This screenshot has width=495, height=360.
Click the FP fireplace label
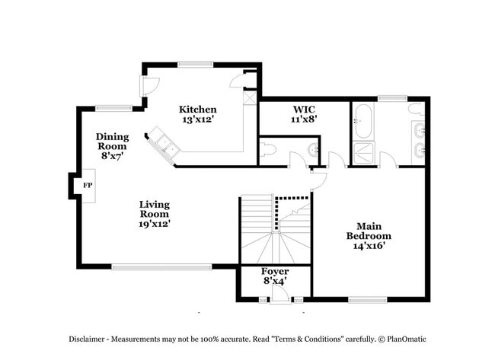pos(87,185)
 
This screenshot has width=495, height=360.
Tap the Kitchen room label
pos(197,110)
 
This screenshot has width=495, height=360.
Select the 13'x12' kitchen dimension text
pos(197,119)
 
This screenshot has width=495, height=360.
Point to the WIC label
pos(305,109)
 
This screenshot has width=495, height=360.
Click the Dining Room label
pos(112,142)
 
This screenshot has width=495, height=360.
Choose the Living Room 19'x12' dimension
pos(155,224)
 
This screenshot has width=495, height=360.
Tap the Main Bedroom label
pos(369,231)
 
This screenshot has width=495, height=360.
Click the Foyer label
pos(275,272)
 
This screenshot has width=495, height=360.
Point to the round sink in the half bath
pos(312,148)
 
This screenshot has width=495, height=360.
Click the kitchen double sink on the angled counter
pos(164,143)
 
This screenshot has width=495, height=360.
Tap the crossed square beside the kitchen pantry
pos(249,97)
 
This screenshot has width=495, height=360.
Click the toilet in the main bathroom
pos(417,112)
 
